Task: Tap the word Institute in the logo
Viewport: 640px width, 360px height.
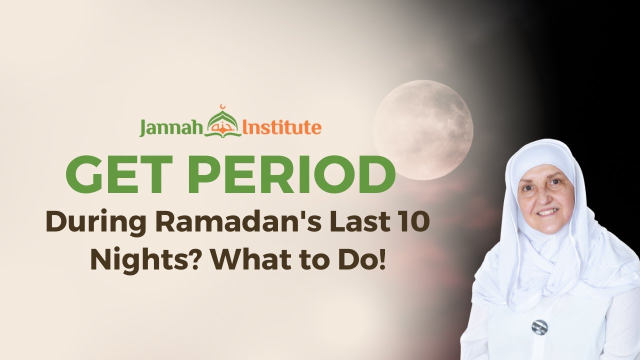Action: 281,127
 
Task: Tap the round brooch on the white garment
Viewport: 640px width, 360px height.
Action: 539,327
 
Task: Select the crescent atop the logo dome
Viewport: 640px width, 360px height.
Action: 223,106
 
